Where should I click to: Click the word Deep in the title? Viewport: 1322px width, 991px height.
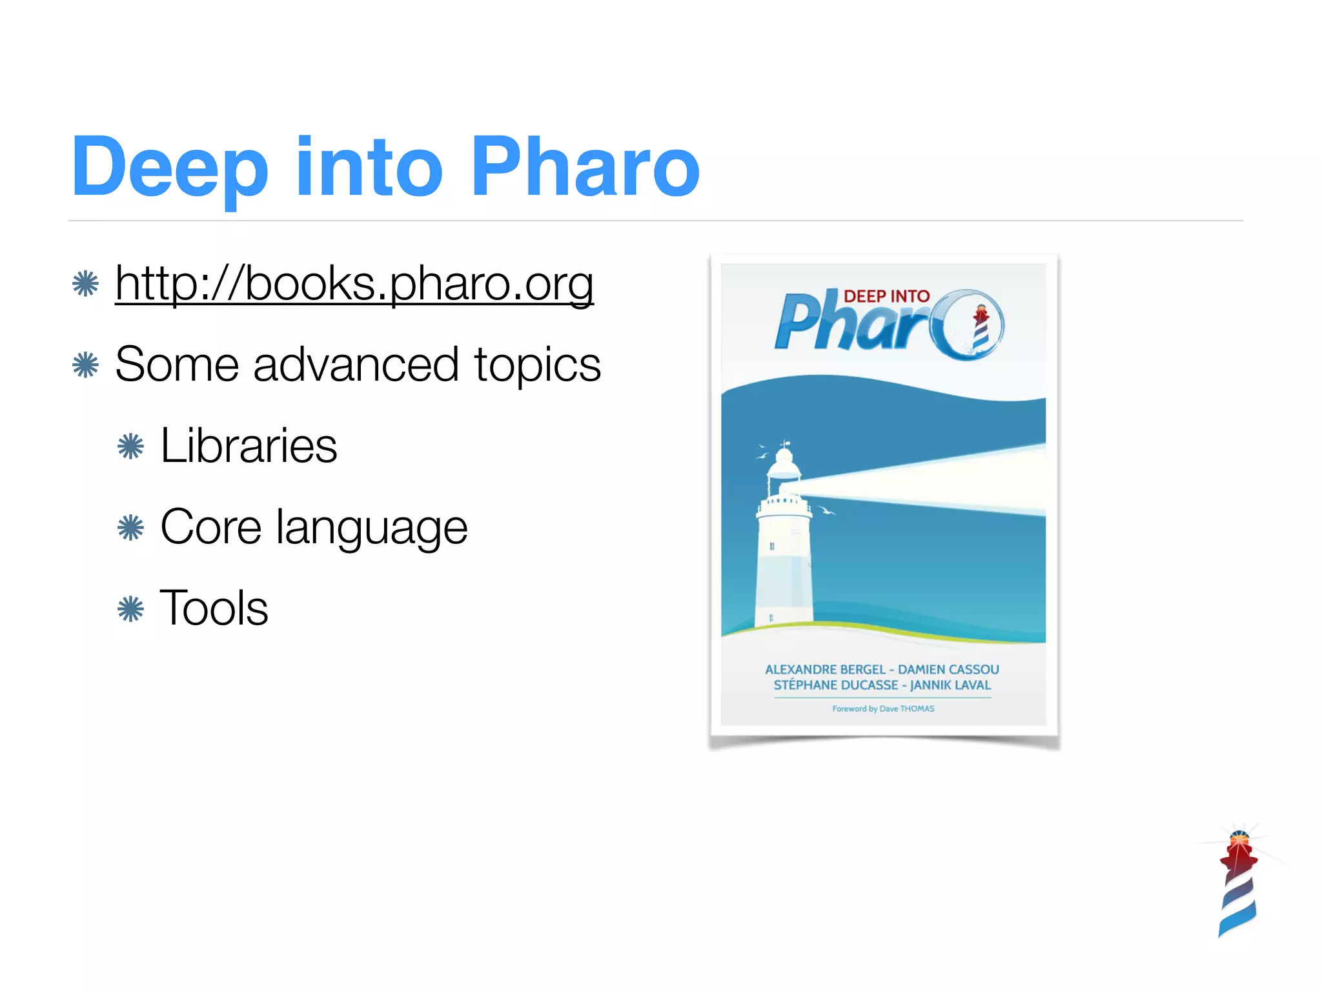coord(169,168)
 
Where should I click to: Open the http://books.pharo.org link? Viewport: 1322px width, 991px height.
coord(354,284)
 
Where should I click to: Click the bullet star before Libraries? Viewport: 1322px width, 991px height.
coord(130,446)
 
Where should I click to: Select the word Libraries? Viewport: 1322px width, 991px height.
coord(249,446)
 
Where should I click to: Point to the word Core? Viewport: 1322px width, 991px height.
coord(210,527)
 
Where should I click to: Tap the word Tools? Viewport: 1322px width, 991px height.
coord(214,608)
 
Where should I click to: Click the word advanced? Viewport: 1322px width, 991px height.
coord(356,365)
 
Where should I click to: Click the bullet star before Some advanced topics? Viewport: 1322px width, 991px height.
coord(85,365)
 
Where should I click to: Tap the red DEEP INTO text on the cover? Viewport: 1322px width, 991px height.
coord(886,296)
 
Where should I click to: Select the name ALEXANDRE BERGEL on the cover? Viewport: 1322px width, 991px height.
coord(824,670)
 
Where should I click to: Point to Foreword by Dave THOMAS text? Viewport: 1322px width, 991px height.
coord(883,708)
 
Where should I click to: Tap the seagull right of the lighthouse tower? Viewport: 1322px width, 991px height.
coord(826,511)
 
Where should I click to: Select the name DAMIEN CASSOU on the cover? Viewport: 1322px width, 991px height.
coord(948,670)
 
